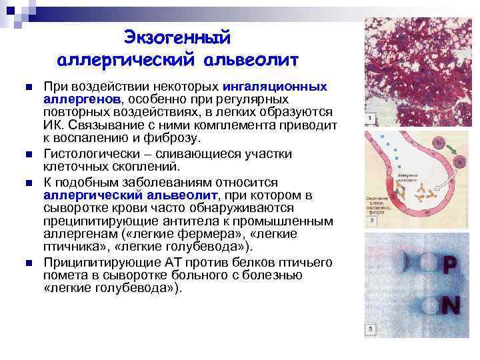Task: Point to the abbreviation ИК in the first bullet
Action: pos(53,125)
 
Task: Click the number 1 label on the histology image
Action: pos(370,119)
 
